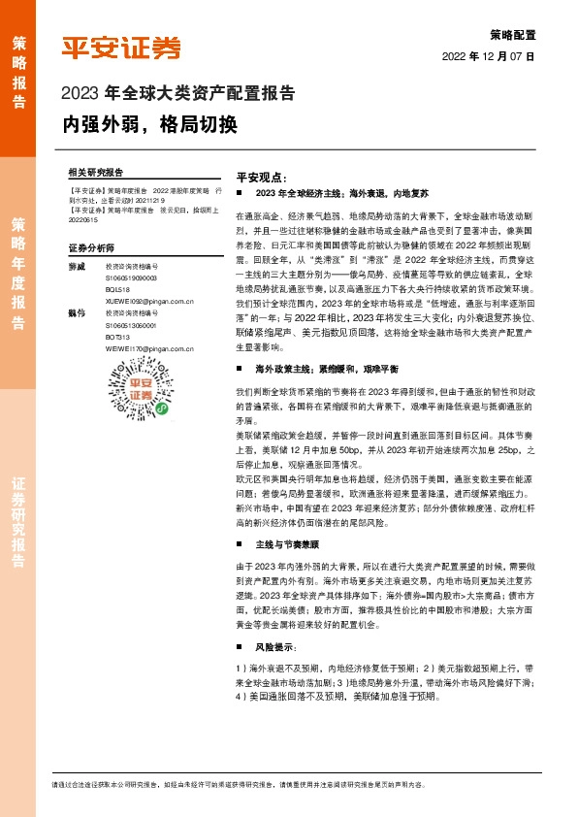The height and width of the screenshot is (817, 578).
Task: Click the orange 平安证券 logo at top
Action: (121, 48)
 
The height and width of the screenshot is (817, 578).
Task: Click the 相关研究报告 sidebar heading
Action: (96, 171)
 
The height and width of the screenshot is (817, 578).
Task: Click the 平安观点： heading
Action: (262, 178)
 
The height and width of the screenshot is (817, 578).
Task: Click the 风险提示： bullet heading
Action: (277, 618)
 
